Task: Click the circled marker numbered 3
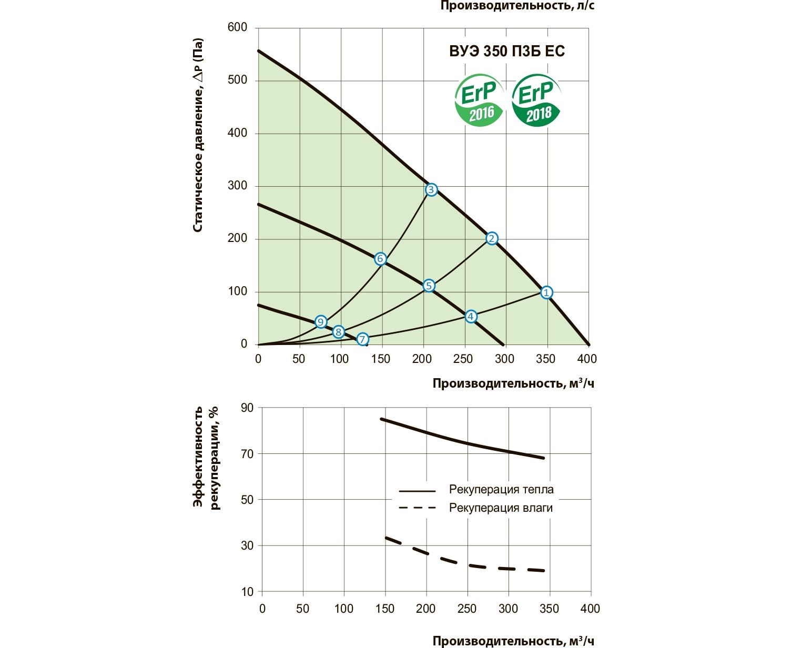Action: (431, 190)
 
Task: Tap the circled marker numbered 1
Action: (546, 292)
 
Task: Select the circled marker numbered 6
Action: (380, 259)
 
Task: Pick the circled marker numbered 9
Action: (321, 322)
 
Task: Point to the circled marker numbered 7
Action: (362, 339)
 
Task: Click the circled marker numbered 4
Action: (471, 316)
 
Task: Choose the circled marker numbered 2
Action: (491, 239)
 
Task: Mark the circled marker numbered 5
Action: (429, 286)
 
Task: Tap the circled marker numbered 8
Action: (338, 332)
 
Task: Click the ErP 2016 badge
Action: (478, 100)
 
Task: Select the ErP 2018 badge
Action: (535, 100)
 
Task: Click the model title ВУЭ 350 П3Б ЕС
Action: (506, 51)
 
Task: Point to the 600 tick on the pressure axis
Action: (237, 27)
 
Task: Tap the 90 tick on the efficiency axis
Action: (247, 408)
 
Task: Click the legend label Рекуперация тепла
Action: (501, 490)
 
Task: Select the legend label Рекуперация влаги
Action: (501, 508)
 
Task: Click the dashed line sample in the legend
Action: (418, 508)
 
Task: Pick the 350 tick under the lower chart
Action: (549, 609)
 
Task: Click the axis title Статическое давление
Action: (198, 135)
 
